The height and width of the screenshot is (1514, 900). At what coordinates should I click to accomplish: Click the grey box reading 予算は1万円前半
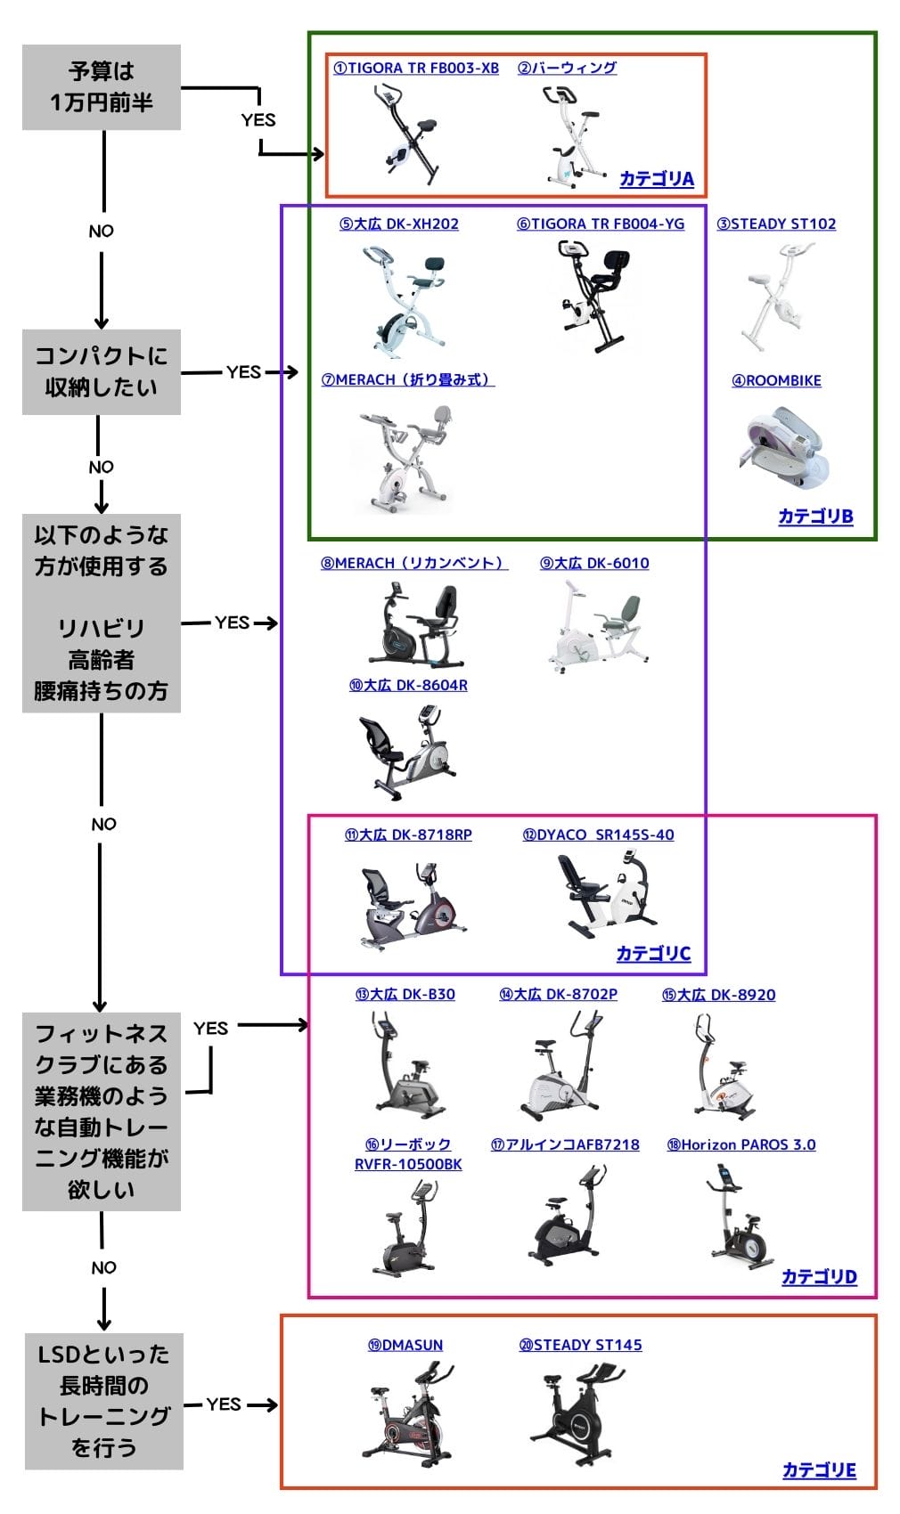point(102,87)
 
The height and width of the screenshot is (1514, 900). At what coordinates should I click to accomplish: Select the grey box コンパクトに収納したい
point(102,371)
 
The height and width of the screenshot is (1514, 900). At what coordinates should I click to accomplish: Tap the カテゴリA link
point(657,179)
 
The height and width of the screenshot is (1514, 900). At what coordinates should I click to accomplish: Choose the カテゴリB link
point(815,517)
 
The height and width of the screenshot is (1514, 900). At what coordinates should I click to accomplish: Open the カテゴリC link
point(653,954)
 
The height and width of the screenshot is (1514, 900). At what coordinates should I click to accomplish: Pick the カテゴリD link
point(819,1277)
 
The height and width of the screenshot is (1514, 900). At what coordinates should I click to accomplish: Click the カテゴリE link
point(819,1470)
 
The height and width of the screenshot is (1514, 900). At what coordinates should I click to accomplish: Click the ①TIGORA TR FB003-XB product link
point(416,69)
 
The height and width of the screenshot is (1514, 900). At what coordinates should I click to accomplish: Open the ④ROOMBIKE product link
point(776,381)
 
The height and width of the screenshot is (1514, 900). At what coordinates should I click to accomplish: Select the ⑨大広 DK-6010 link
point(594,564)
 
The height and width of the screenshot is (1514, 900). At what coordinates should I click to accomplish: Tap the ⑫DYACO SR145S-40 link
point(598,835)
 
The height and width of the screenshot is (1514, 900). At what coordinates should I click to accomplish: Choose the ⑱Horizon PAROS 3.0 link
point(741,1145)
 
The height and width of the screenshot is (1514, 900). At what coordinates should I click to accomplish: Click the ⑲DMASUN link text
point(405,1346)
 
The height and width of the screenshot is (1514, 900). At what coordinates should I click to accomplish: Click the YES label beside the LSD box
point(224,1404)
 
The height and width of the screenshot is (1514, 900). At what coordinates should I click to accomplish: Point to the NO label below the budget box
point(102,232)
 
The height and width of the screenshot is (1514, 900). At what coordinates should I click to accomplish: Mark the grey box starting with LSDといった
point(103,1401)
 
